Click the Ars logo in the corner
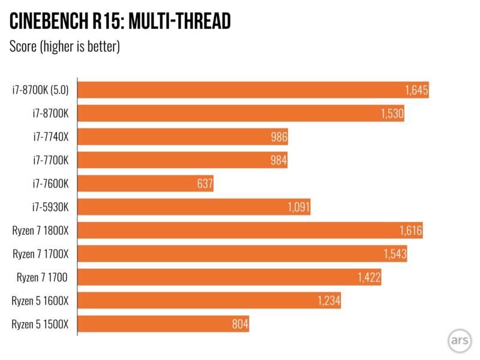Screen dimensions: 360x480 pos(459,340)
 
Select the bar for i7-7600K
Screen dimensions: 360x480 pos(146,184)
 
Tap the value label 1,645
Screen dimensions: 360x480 pos(415,91)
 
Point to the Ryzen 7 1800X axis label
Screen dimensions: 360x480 pos(41,230)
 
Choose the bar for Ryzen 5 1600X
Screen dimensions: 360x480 pos(209,301)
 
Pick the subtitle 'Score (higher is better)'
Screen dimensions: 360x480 pos(65,47)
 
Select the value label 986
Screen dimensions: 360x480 pos(279,137)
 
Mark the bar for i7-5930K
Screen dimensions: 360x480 pos(194,207)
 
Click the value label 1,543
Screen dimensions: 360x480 pos(395,254)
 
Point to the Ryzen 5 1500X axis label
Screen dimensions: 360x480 pos(41,325)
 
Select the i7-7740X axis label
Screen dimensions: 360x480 pos(51,137)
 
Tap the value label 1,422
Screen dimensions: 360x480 pos(368,277)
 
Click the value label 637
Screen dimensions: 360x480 pos(204,184)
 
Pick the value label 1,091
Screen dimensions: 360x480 pos(299,207)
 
